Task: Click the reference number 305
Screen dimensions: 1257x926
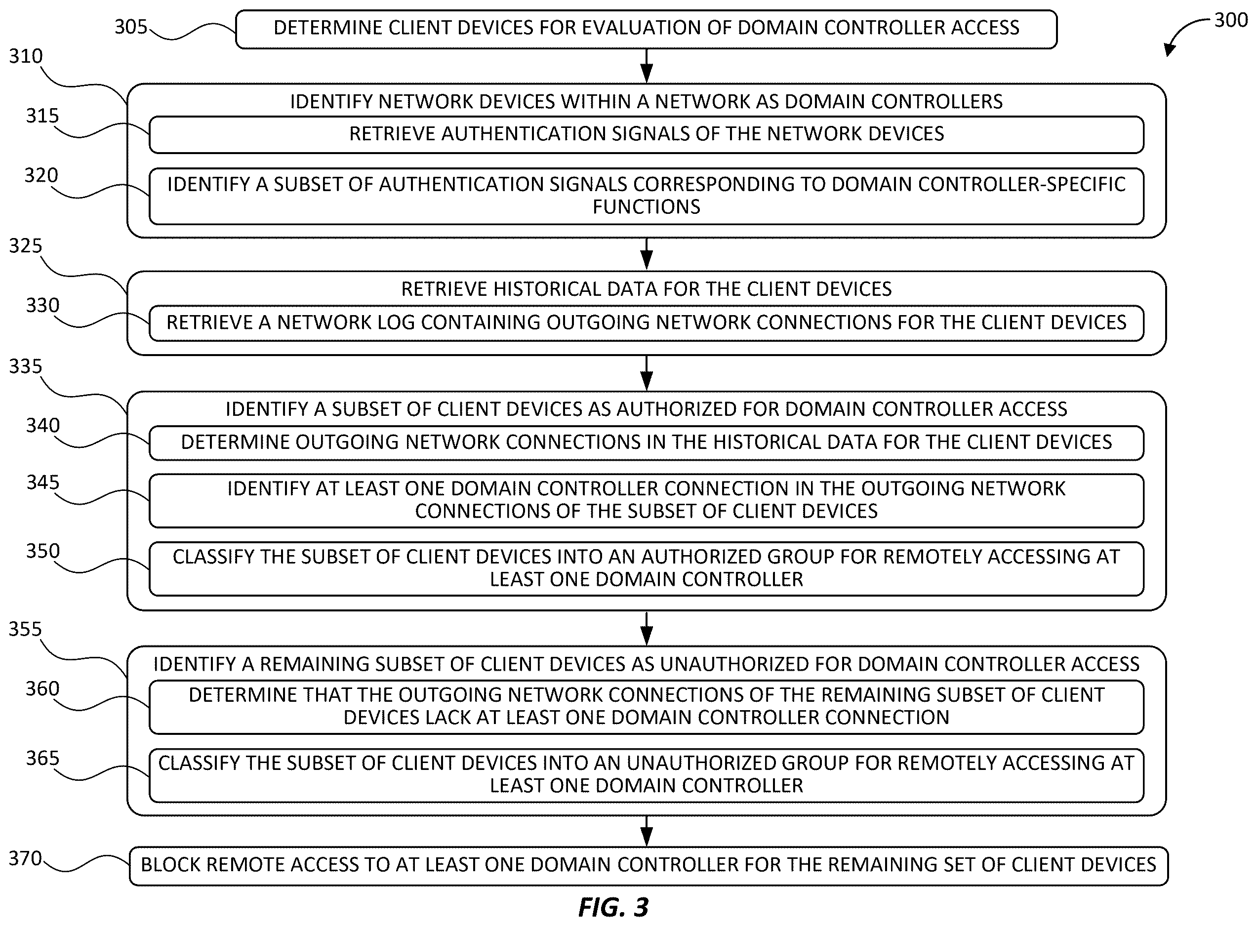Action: point(130,26)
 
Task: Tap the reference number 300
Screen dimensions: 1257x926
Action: point(1231,20)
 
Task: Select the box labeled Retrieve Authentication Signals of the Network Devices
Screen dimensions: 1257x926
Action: point(646,134)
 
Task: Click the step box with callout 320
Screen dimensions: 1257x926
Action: point(646,196)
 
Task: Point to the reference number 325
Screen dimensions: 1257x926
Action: point(25,245)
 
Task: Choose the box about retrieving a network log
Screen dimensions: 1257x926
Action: point(646,323)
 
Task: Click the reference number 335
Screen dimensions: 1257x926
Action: point(25,366)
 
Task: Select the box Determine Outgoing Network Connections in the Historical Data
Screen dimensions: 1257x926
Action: point(646,443)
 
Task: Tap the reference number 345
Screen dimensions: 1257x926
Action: point(42,482)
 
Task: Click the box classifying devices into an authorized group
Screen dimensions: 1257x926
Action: point(646,568)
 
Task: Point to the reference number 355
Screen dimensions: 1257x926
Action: point(25,629)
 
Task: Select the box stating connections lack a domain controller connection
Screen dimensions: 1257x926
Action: point(646,707)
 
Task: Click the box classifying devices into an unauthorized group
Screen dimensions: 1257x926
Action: point(646,775)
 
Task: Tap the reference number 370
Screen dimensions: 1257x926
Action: point(25,858)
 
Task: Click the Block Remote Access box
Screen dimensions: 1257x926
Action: point(649,866)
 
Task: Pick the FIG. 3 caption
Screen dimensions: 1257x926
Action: point(613,907)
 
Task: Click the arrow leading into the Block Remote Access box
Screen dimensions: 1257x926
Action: point(647,831)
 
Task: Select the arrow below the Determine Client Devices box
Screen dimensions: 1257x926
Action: point(647,66)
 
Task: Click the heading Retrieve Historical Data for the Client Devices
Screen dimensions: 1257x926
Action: point(646,289)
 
